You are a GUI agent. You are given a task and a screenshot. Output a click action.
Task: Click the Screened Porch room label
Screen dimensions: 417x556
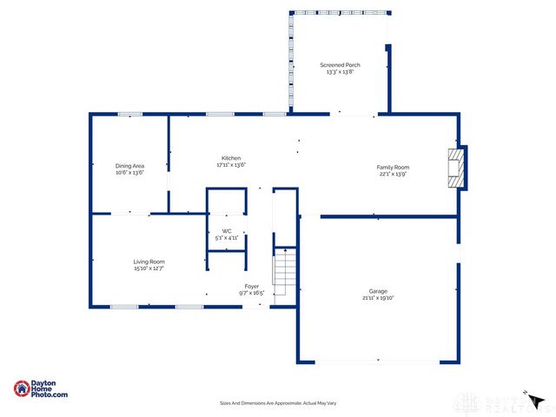point(341,65)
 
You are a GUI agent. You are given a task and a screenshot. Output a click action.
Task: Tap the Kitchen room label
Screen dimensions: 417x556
point(231,158)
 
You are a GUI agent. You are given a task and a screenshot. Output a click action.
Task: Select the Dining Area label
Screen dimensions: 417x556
point(129,165)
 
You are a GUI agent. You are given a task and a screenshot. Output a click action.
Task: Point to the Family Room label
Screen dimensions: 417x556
point(393,168)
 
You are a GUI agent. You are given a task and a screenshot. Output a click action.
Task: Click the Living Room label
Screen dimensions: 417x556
point(149,261)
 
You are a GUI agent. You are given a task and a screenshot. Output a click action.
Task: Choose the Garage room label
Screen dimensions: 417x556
point(378,291)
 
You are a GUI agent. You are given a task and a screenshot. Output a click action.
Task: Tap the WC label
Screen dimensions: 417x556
point(227,230)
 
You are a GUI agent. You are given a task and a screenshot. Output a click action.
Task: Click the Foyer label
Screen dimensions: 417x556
point(252,286)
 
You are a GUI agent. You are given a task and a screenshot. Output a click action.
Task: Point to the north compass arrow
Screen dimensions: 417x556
point(537,401)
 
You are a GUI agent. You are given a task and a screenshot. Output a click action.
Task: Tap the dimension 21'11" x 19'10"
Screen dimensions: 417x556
point(378,298)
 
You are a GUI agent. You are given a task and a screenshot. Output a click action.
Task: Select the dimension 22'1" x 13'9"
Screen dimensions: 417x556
point(393,175)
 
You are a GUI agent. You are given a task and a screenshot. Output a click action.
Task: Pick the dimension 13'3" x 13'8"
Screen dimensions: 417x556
point(341,72)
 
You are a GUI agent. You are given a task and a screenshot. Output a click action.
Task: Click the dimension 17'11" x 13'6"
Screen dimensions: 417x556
point(231,165)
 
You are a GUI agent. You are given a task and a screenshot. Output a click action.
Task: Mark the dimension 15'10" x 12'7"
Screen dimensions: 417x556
point(149,268)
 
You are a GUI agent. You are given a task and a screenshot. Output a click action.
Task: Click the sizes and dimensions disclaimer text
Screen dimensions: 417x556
point(277,403)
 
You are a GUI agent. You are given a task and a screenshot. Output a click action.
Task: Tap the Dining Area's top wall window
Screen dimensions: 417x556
point(130,114)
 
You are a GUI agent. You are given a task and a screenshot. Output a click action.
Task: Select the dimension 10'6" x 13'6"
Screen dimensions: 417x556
point(129,172)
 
